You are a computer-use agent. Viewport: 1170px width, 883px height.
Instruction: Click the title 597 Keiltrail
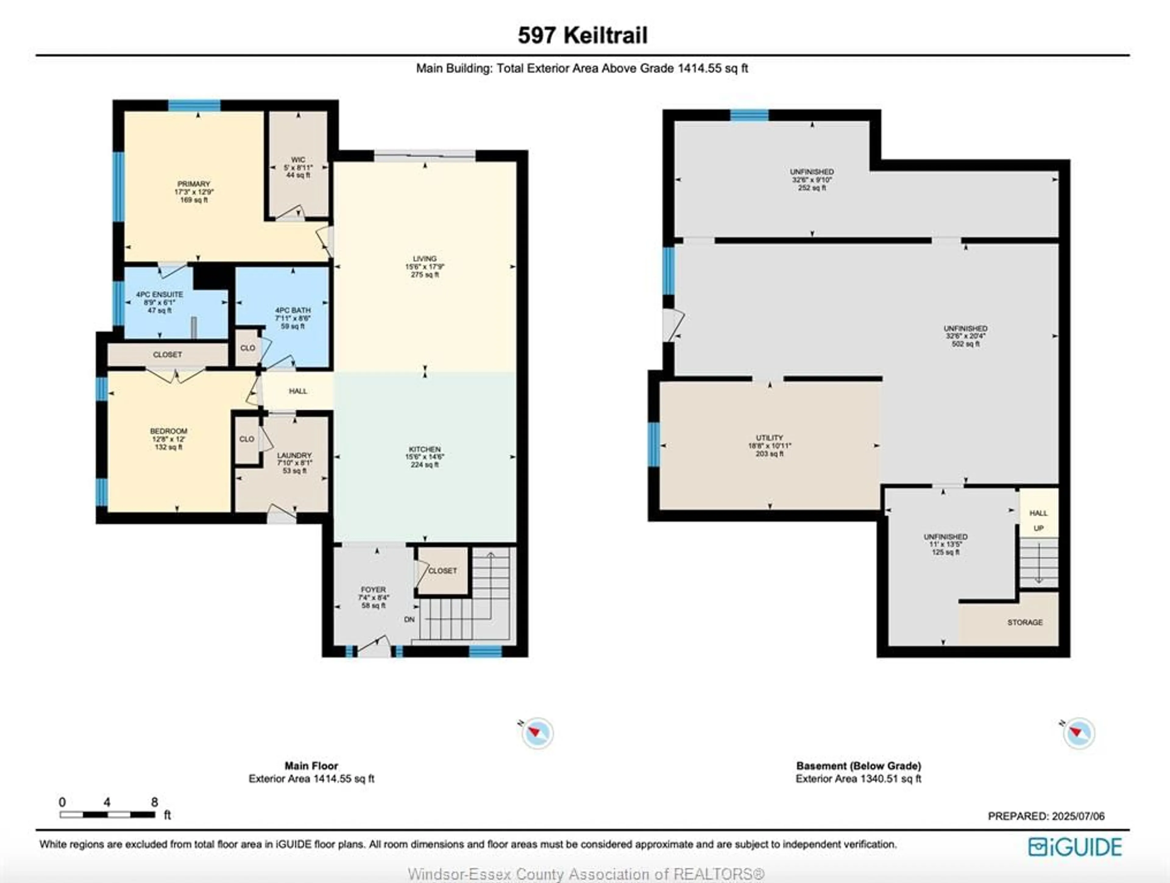point(582,35)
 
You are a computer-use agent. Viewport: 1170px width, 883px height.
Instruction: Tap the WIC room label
point(298,160)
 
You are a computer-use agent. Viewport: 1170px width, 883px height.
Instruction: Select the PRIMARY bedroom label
point(193,184)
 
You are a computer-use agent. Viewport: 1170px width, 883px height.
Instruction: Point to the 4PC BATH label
point(292,310)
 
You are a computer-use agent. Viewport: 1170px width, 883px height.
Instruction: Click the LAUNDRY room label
point(294,455)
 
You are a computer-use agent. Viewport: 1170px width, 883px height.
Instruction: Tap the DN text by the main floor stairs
point(409,619)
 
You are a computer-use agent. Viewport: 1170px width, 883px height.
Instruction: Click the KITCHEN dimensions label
point(425,457)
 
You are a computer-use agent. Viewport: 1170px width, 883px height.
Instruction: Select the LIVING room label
point(425,259)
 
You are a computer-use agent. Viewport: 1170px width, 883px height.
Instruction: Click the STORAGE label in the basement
point(1025,622)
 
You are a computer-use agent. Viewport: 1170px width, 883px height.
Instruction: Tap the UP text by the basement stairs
point(1038,528)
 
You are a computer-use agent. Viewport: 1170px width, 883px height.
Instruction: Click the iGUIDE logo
point(1075,847)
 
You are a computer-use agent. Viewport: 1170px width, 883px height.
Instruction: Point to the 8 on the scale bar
point(154,802)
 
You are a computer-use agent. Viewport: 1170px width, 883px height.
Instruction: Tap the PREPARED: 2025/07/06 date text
point(1046,816)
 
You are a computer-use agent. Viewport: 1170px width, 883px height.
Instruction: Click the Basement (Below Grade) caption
point(859,766)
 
